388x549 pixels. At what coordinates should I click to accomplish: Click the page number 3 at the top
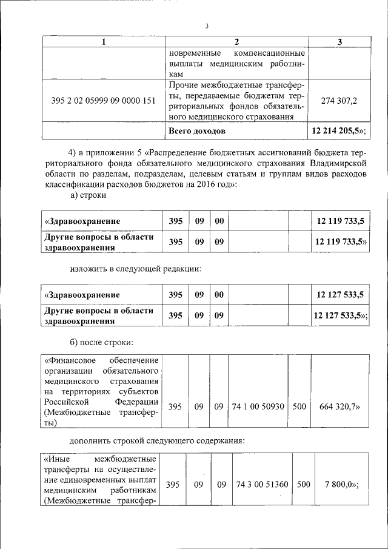[207, 26]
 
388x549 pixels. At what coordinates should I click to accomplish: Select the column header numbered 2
[236, 42]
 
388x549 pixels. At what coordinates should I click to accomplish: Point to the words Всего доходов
[198, 130]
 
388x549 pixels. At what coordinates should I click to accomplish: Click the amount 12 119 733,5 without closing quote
[340, 221]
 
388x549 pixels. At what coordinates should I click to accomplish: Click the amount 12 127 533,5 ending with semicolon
[339, 314]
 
